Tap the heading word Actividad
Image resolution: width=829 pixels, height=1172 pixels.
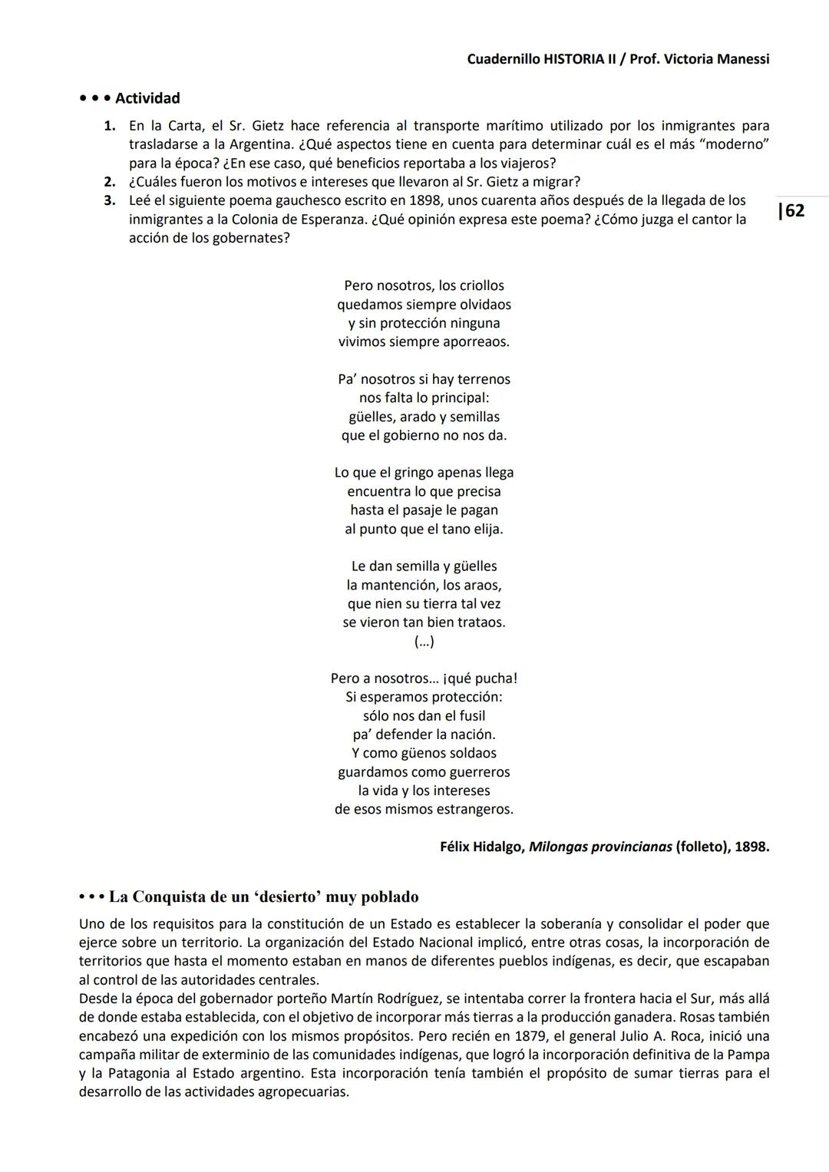coord(147,98)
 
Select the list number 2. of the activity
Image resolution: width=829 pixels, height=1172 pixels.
coord(110,182)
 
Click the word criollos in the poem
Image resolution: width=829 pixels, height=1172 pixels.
coord(481,286)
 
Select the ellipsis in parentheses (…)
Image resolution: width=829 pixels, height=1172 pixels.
coord(424,642)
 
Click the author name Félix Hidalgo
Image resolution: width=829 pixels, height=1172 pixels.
coord(482,847)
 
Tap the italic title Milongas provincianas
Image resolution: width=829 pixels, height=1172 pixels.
coord(600,847)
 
